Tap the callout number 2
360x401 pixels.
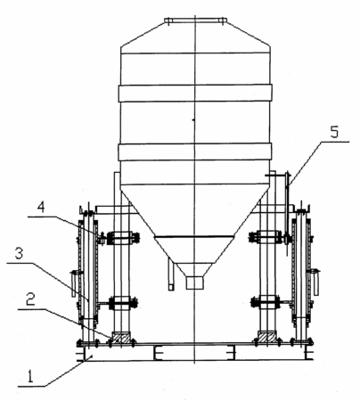[x=30, y=299]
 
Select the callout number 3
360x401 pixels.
[x=19, y=254]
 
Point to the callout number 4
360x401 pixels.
[x=41, y=207]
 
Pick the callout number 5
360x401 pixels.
[x=334, y=132]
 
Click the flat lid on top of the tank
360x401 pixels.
[x=196, y=20]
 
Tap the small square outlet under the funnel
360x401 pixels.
[x=195, y=282]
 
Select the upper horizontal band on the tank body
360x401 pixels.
[x=195, y=93]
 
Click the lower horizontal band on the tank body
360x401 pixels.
[x=195, y=152]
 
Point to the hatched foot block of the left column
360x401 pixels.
[x=121, y=338]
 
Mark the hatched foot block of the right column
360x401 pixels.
[x=267, y=338]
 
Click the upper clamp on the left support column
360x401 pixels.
[x=121, y=238]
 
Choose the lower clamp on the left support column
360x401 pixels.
[x=122, y=303]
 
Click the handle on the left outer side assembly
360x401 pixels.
[x=74, y=283]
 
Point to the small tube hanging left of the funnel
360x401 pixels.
[x=171, y=274]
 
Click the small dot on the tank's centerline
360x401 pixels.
[x=193, y=120]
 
